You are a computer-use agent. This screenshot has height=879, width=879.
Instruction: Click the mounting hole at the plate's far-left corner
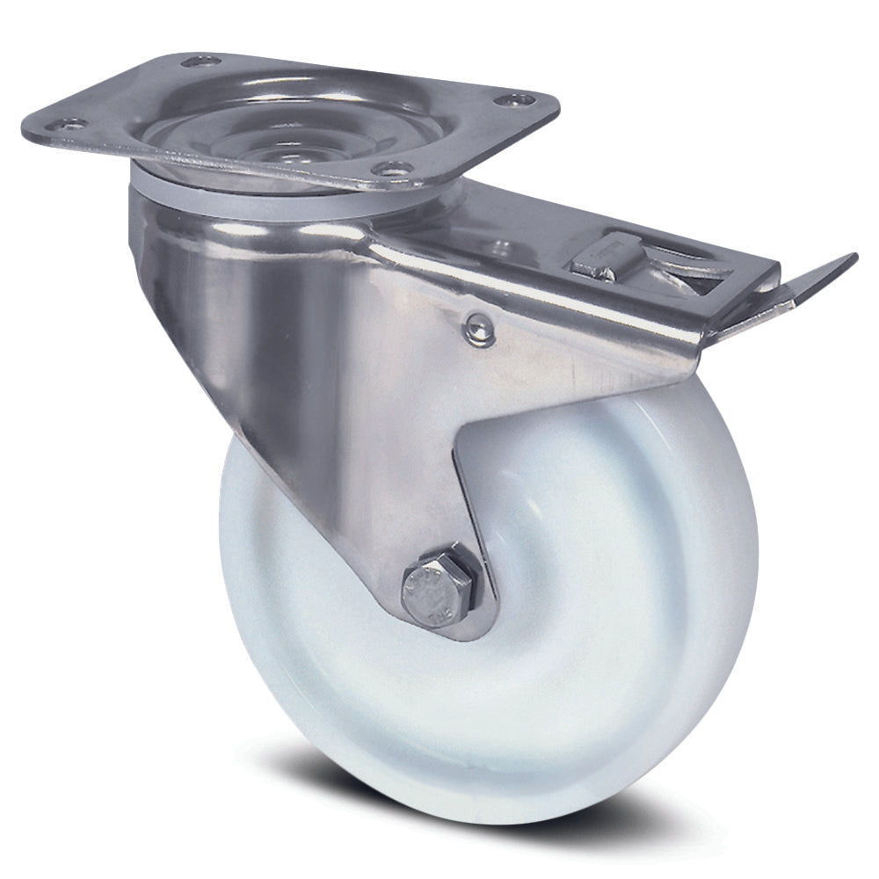pos(70,122)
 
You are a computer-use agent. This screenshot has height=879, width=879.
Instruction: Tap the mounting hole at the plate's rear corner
pos(200,62)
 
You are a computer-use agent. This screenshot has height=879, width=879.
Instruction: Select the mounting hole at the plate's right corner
pos(507,98)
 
